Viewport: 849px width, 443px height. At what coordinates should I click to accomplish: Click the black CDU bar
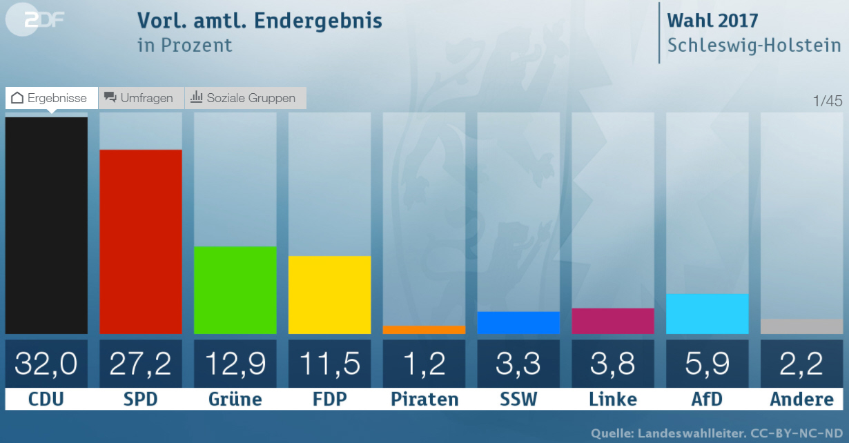[x=46, y=226]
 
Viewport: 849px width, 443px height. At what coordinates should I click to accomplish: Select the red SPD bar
[x=141, y=242]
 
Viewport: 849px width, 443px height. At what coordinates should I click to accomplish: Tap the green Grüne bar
[x=235, y=290]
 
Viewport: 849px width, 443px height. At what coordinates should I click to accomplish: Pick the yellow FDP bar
[x=329, y=295]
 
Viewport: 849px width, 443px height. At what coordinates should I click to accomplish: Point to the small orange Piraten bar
[x=424, y=330]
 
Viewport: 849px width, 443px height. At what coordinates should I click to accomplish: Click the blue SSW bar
[x=518, y=323]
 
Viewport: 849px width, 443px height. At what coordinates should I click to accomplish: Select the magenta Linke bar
[x=613, y=321]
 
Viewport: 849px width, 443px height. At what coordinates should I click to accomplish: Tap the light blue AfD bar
[x=707, y=314]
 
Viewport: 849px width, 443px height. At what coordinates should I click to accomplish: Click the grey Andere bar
[x=801, y=326]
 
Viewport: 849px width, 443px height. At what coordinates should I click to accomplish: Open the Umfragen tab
[x=141, y=98]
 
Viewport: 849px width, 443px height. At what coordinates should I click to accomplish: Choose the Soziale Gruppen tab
[x=245, y=98]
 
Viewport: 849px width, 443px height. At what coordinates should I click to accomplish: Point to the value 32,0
[x=46, y=364]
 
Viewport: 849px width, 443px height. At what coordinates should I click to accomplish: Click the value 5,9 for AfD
[x=707, y=364]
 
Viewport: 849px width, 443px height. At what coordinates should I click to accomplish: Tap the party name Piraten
[x=424, y=400]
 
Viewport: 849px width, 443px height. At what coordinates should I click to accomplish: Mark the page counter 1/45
[x=828, y=101]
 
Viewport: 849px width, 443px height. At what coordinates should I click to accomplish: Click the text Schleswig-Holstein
[x=754, y=46]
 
